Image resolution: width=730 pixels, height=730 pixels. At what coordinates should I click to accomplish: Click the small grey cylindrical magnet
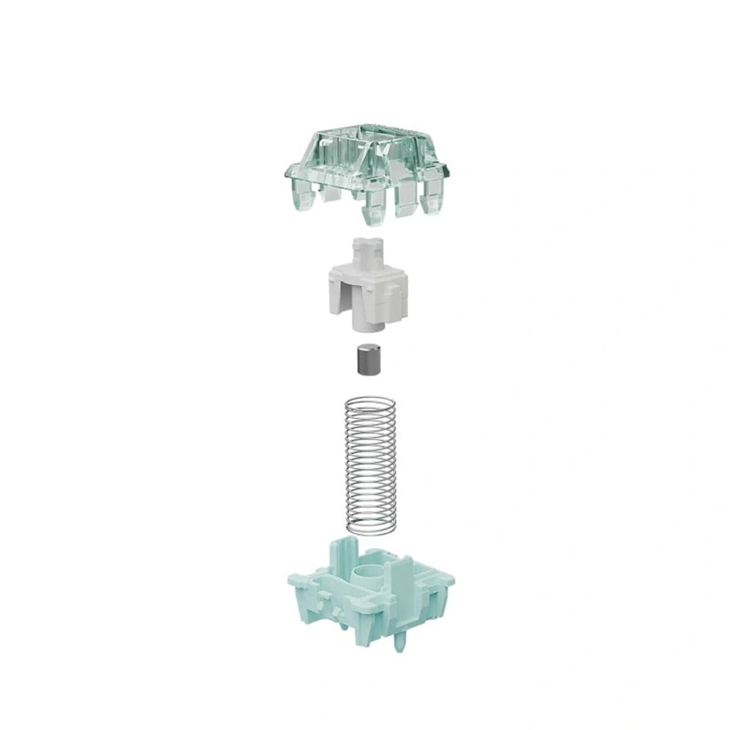pos(365,361)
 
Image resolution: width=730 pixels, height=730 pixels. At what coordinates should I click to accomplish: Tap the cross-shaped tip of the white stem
pos(366,248)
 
